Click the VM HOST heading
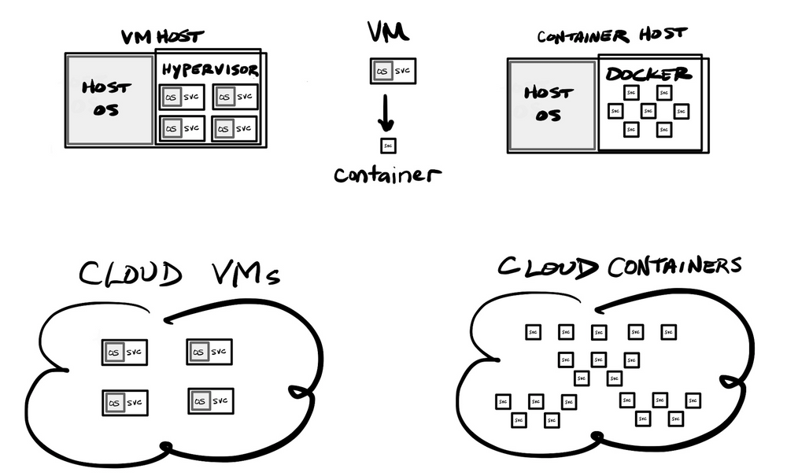click(162, 37)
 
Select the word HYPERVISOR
click(211, 70)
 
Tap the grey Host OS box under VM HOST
click(109, 99)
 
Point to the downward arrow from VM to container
click(386, 112)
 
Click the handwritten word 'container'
click(386, 174)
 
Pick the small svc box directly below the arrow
click(387, 146)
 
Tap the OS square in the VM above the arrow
click(382, 72)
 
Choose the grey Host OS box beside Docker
click(552, 104)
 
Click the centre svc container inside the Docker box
click(648, 111)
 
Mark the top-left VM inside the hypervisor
click(182, 97)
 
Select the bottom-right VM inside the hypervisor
click(235, 127)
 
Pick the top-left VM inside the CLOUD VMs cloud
click(125, 352)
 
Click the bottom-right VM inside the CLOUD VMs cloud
click(211, 401)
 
